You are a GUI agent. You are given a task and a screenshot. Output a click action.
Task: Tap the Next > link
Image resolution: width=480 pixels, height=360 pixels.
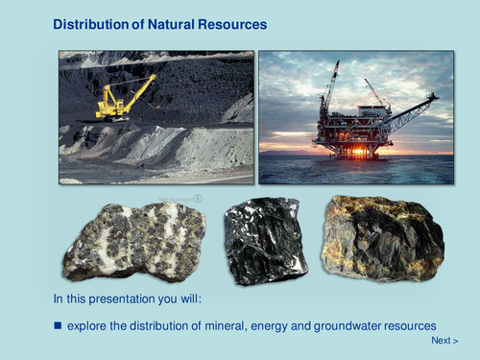click(444, 341)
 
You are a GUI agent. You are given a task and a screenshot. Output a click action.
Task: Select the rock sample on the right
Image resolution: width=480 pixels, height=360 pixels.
click(382, 236)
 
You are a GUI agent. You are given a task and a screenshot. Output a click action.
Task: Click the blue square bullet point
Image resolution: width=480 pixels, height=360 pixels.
click(58, 326)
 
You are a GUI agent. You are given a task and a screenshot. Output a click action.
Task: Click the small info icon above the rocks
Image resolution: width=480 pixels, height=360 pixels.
click(198, 199)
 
